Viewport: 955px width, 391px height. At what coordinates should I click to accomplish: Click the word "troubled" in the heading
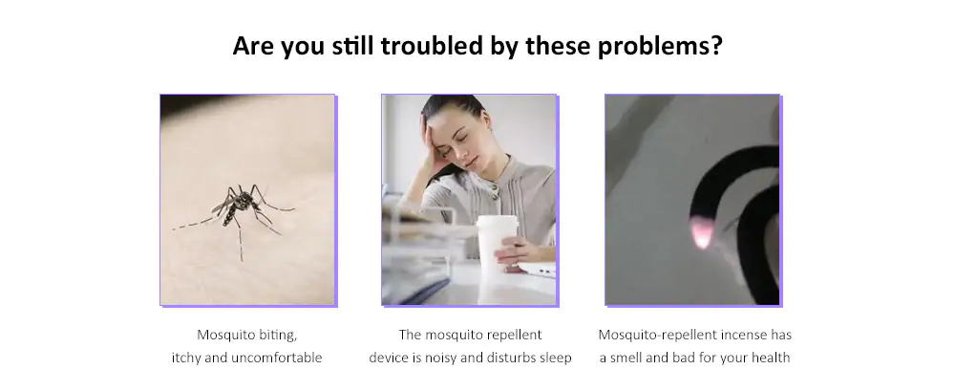click(x=432, y=46)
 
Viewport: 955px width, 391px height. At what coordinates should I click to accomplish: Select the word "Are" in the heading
click(x=253, y=46)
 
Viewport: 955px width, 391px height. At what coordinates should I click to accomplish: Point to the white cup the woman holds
click(x=497, y=250)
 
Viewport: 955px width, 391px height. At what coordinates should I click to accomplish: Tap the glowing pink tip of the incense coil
click(x=702, y=232)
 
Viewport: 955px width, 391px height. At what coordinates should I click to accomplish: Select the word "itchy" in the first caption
click(x=186, y=358)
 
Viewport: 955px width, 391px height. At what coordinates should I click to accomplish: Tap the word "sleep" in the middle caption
click(x=556, y=358)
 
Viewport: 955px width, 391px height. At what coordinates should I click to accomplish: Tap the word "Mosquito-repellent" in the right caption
click(x=658, y=335)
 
